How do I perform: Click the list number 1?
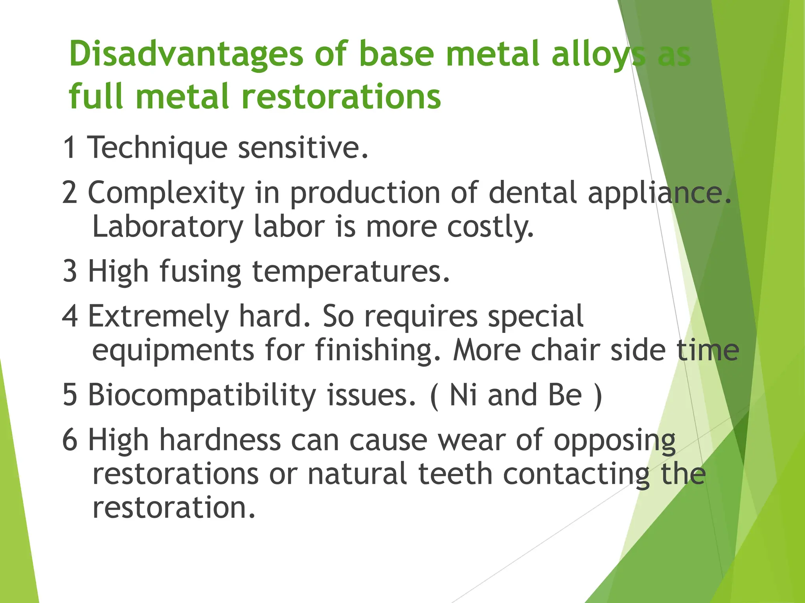click(x=70, y=148)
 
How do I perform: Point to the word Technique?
click(x=157, y=148)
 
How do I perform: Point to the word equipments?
click(x=173, y=350)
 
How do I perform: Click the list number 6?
click(x=70, y=440)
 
